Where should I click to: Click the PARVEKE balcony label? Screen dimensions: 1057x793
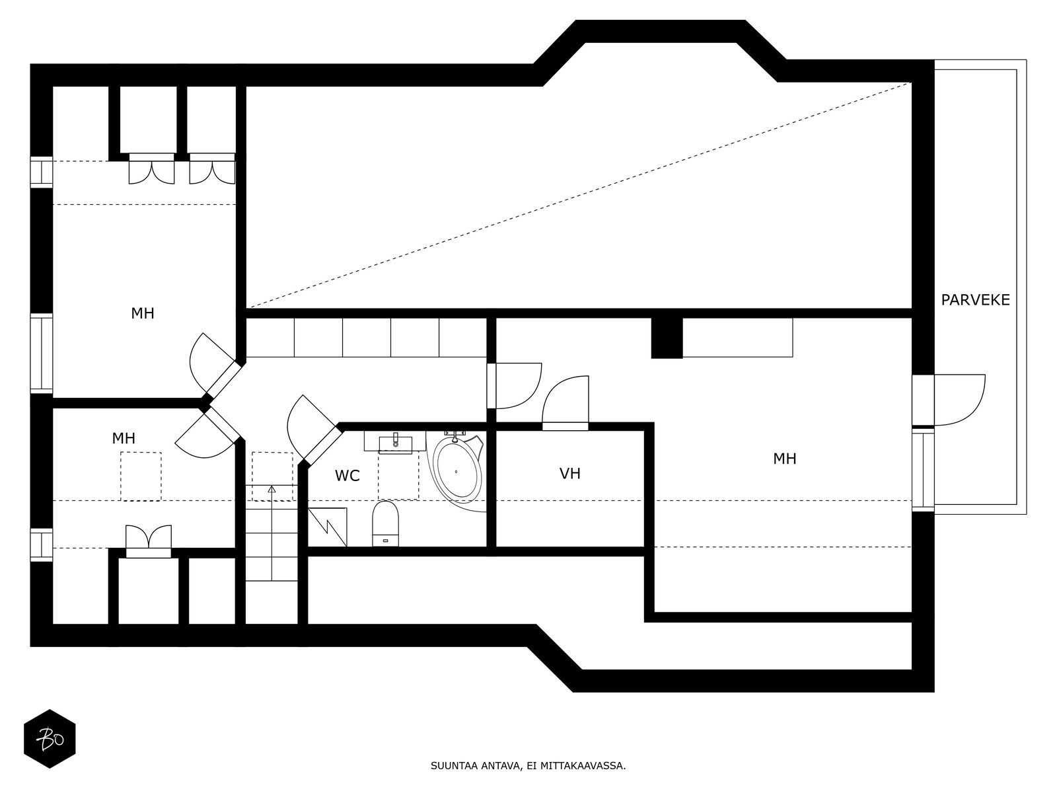point(975,300)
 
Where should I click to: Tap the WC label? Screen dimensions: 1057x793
point(347,476)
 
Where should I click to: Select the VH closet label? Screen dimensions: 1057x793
point(569,474)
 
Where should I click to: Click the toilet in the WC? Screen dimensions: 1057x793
point(386,524)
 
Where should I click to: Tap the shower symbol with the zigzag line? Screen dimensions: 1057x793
point(328,527)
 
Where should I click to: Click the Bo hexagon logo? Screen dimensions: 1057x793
point(50,739)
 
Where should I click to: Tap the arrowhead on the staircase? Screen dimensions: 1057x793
point(272,489)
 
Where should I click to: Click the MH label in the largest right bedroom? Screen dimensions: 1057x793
point(784,459)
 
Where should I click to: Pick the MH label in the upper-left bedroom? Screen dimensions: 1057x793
point(143,313)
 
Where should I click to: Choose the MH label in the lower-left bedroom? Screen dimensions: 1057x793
point(124,438)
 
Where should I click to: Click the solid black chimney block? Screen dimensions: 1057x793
point(667,338)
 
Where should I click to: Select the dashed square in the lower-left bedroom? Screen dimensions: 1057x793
point(141,476)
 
